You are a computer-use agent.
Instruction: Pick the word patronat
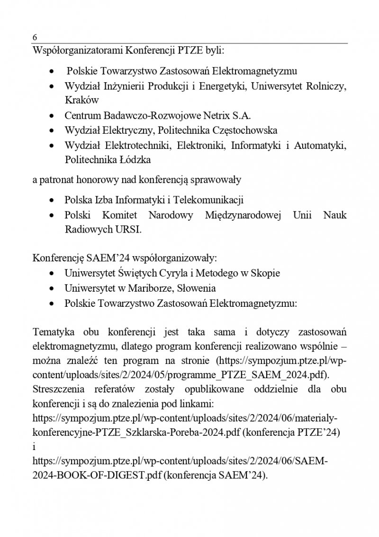coord(58,180)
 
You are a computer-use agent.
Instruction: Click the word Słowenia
coord(192,288)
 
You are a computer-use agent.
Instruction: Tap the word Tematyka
coord(52,332)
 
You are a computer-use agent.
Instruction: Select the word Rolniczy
coord(327,86)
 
